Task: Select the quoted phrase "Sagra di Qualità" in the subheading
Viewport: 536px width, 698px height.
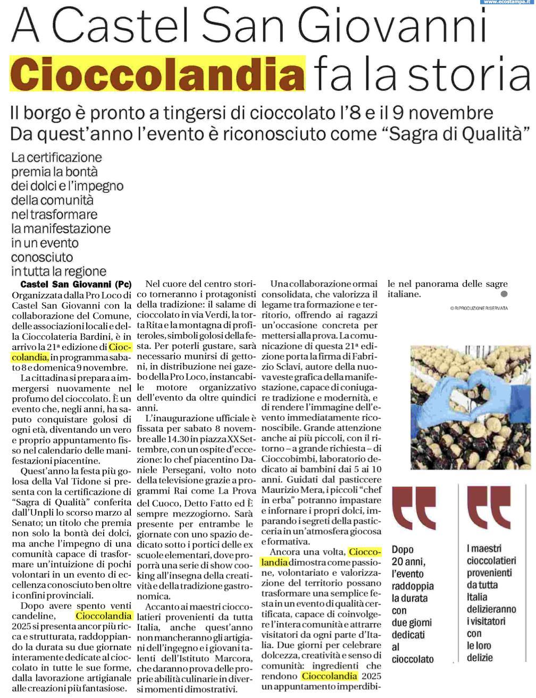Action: click(x=458, y=132)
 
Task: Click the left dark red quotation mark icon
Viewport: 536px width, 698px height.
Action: click(x=414, y=508)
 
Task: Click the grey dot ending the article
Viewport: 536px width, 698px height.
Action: click(x=504, y=294)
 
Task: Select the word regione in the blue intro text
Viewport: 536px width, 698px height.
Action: click(x=83, y=271)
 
